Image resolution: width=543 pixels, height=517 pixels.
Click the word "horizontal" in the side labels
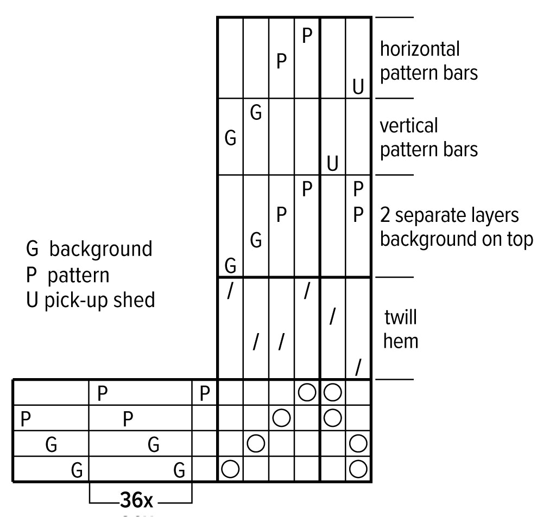coord(419,49)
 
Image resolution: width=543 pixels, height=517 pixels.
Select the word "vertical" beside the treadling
coord(408,126)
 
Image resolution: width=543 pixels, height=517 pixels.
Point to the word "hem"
coord(401,342)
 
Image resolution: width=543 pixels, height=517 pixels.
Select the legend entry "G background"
coord(89,249)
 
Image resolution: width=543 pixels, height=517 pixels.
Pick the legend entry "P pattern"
coord(68,275)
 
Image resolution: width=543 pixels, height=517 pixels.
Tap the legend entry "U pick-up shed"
coord(90,300)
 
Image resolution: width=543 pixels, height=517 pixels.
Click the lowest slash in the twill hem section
coord(358,368)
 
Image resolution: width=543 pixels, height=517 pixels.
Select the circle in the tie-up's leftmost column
coord(230,468)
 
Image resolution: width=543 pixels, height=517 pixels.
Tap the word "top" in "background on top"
coord(519,239)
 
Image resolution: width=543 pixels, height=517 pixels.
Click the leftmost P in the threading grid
coord(25,418)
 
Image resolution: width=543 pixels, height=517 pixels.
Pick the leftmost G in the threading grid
coord(51,445)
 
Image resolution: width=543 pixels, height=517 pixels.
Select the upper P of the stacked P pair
coord(358,190)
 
